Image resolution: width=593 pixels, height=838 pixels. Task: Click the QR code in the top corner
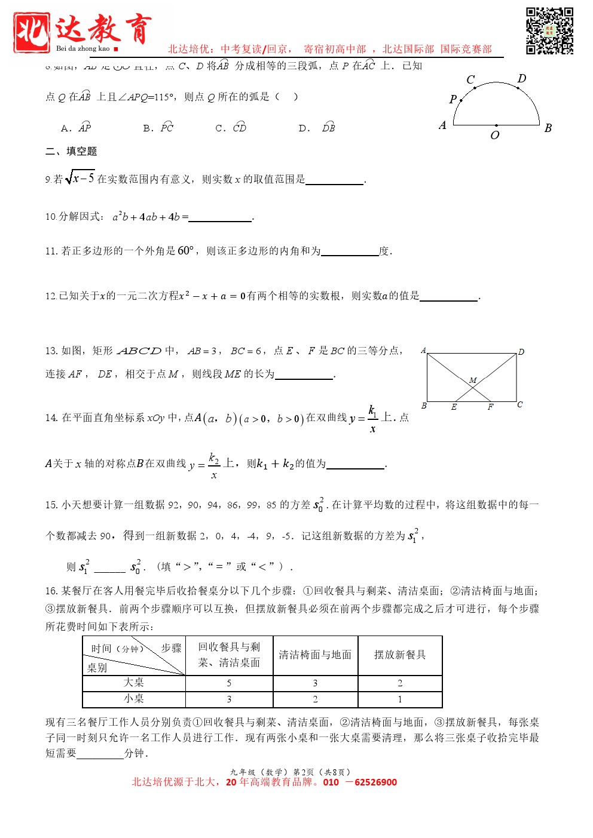549,31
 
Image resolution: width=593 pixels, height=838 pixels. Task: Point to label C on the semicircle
470,79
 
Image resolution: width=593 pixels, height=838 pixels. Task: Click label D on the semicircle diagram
522,78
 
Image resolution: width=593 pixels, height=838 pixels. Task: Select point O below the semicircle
495,135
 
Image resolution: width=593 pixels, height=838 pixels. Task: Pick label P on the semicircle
453,99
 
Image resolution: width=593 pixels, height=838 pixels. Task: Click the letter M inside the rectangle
473,380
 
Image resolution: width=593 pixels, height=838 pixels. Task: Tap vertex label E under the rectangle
454,407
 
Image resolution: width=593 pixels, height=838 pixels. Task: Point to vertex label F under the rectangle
490,407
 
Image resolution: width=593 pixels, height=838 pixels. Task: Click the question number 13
51,351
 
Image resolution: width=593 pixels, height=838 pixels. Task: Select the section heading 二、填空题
71,151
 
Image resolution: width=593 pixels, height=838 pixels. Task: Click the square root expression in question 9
80,177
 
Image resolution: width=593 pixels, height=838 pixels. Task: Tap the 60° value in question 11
186,251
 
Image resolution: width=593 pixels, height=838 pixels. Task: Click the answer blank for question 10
220,219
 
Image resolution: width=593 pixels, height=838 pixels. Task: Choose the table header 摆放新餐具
400,655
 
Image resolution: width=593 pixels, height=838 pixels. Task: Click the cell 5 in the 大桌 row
229,683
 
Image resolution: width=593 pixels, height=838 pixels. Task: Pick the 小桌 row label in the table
134,698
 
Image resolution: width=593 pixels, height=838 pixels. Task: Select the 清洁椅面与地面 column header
315,655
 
